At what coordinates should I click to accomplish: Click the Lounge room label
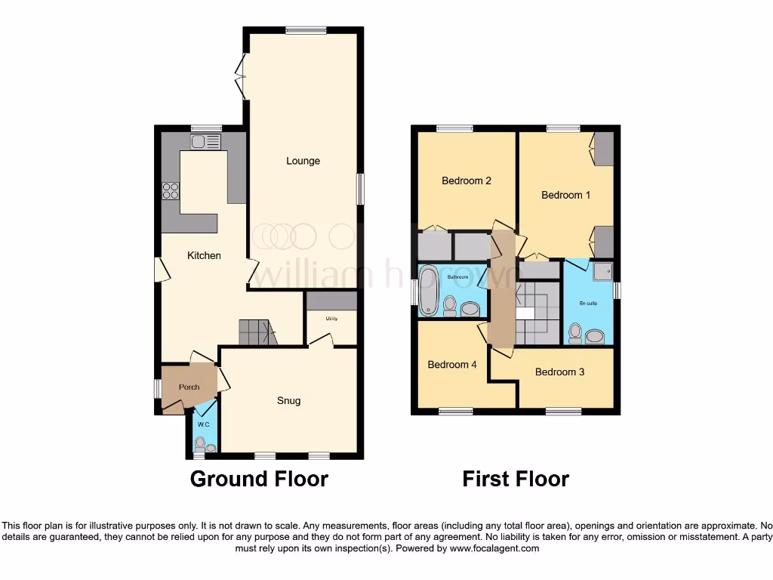(303, 161)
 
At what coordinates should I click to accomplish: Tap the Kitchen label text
(204, 256)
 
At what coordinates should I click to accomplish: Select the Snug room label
(288, 401)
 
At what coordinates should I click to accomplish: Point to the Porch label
(189, 387)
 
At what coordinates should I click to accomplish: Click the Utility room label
(331, 319)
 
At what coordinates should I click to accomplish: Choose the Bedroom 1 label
(565, 195)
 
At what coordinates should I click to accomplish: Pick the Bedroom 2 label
(467, 181)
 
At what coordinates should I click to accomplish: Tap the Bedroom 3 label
(559, 372)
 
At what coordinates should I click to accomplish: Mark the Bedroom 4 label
(451, 365)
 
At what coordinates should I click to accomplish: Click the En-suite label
(588, 304)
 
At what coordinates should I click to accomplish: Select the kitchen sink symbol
(205, 141)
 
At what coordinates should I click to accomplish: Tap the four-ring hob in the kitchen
(170, 191)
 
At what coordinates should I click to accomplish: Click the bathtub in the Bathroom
(429, 290)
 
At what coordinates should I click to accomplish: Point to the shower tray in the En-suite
(602, 271)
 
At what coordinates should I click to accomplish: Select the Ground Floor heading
(259, 479)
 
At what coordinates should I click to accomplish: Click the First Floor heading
(516, 479)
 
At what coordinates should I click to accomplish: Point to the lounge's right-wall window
(360, 188)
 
